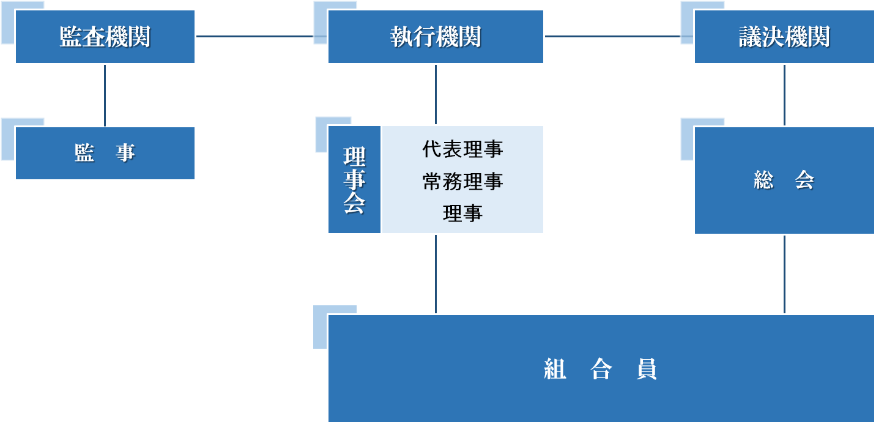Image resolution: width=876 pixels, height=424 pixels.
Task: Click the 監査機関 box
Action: pyautogui.click(x=105, y=37)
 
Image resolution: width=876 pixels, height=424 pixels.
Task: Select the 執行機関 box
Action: pyautogui.click(x=436, y=37)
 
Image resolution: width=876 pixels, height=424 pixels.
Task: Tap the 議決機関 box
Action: pyautogui.click(x=784, y=37)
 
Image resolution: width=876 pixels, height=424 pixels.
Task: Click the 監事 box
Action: pyautogui.click(x=105, y=153)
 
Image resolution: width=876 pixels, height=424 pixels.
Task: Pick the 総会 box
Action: pyautogui.click(x=784, y=180)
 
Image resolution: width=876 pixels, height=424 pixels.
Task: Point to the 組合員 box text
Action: pyautogui.click(x=601, y=369)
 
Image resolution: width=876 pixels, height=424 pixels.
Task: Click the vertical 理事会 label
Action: pyautogui.click(x=354, y=180)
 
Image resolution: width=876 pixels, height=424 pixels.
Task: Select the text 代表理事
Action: pyautogui.click(x=462, y=149)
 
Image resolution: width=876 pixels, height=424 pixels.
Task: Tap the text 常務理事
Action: pyautogui.click(x=462, y=181)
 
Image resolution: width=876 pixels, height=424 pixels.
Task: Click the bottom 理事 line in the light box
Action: pyautogui.click(x=462, y=213)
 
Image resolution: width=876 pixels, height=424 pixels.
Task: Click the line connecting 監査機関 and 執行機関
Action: pyautogui.click(x=261, y=36)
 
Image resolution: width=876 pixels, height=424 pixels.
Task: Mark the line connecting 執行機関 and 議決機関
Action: pyautogui.click(x=618, y=36)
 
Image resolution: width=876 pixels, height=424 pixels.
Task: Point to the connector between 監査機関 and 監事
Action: pyautogui.click(x=105, y=95)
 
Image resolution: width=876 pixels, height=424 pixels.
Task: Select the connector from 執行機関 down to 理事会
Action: pyautogui.click(x=436, y=95)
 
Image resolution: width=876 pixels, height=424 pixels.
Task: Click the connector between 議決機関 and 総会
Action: pyautogui.click(x=784, y=95)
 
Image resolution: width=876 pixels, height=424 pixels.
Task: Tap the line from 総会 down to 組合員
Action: pyautogui.click(x=784, y=274)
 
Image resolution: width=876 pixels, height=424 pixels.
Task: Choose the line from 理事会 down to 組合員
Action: pyautogui.click(x=436, y=274)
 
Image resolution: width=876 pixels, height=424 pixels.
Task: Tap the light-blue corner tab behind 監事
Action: pyautogui.click(x=7, y=139)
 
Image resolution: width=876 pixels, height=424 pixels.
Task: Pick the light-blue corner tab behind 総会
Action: pyautogui.click(x=686, y=139)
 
